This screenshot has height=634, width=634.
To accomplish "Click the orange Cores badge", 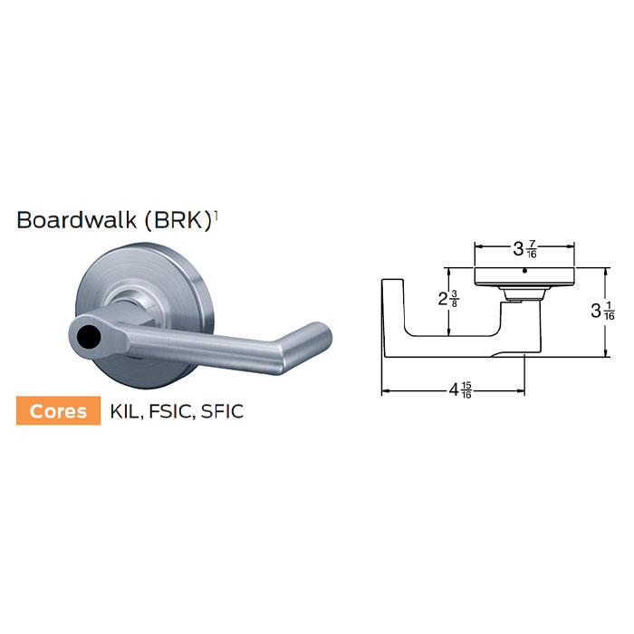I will click(59, 410).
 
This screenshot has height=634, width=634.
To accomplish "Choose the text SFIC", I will click(220, 411).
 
